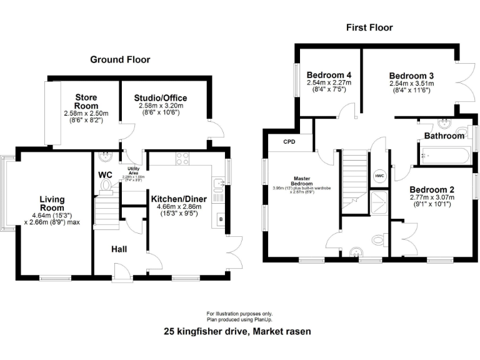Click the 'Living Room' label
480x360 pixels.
point(52,204)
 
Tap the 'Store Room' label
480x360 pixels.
point(86,101)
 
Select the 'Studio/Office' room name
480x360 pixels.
point(160,98)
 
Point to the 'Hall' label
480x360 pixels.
point(119,249)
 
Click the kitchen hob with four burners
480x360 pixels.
point(182,159)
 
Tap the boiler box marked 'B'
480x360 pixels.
point(220,220)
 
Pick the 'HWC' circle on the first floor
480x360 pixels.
point(379,176)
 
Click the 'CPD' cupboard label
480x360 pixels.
point(289,142)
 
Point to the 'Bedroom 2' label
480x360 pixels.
point(431,189)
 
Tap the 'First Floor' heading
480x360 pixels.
point(369,27)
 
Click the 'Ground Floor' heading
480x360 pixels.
point(120,59)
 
